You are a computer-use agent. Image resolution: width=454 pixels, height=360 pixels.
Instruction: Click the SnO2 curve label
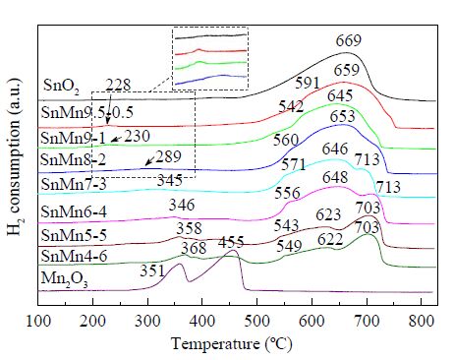click(x=61, y=87)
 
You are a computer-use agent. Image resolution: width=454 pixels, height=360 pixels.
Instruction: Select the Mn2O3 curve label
click(x=65, y=279)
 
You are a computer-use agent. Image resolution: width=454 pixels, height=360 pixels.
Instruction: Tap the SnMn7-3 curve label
click(x=74, y=184)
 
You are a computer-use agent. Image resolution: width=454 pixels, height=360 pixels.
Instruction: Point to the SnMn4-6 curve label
click(x=74, y=256)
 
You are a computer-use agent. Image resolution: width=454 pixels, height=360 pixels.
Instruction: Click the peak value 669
click(x=349, y=40)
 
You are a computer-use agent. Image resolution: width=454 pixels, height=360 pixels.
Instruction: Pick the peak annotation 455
click(x=231, y=243)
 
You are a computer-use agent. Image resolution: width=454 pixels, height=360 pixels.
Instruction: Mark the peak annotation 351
click(x=152, y=271)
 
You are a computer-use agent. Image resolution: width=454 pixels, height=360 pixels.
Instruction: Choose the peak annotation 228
click(x=118, y=86)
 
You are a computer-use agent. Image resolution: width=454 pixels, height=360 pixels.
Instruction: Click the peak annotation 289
click(x=169, y=156)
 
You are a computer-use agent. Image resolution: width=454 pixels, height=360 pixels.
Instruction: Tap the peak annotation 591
click(x=308, y=84)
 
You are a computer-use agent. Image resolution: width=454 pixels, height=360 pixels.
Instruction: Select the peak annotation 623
click(x=328, y=215)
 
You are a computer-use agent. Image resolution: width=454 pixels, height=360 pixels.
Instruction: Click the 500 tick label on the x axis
click(x=257, y=321)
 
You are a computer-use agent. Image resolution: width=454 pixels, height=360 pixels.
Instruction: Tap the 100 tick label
click(x=38, y=321)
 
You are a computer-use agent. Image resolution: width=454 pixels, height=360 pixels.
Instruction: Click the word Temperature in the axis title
click(x=214, y=344)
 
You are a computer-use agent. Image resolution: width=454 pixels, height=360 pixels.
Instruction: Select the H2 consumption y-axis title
click(x=14, y=156)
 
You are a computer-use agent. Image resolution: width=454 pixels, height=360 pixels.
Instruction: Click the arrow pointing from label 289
click(x=150, y=160)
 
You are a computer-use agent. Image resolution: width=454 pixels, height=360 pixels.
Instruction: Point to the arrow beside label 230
click(x=116, y=139)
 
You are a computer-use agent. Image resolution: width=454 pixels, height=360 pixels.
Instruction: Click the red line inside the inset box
click(x=210, y=51)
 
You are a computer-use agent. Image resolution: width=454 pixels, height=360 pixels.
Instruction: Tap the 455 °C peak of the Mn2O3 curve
click(x=234, y=250)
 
